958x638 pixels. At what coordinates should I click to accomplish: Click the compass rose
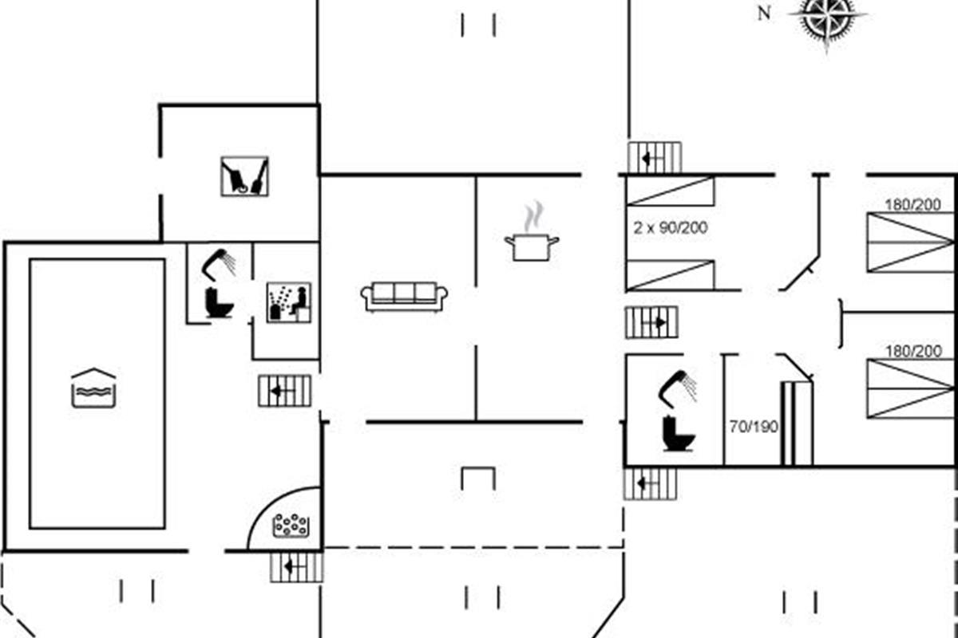826,17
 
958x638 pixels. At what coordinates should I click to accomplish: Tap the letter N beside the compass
764,14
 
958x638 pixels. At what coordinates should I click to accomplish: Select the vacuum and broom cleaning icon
244,176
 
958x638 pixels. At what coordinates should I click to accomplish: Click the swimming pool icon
93,388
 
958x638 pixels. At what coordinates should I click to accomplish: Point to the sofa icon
404,297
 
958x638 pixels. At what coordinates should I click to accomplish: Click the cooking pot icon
532,247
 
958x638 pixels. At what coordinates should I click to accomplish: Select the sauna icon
289,302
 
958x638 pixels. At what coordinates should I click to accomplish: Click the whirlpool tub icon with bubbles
291,526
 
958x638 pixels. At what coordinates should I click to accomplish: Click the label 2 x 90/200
670,228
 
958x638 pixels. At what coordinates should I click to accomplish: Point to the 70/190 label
754,427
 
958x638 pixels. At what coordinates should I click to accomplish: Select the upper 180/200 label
912,205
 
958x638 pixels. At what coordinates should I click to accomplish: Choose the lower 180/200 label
913,351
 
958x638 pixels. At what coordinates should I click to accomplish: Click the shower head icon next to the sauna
219,264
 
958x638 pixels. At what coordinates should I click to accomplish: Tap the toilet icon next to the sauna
219,302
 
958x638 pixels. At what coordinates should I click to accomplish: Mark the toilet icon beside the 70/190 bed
679,433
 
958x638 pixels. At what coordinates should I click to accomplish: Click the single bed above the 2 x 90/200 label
670,191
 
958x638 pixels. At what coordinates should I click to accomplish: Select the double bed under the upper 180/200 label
911,242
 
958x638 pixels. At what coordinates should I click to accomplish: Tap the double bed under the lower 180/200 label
911,388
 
